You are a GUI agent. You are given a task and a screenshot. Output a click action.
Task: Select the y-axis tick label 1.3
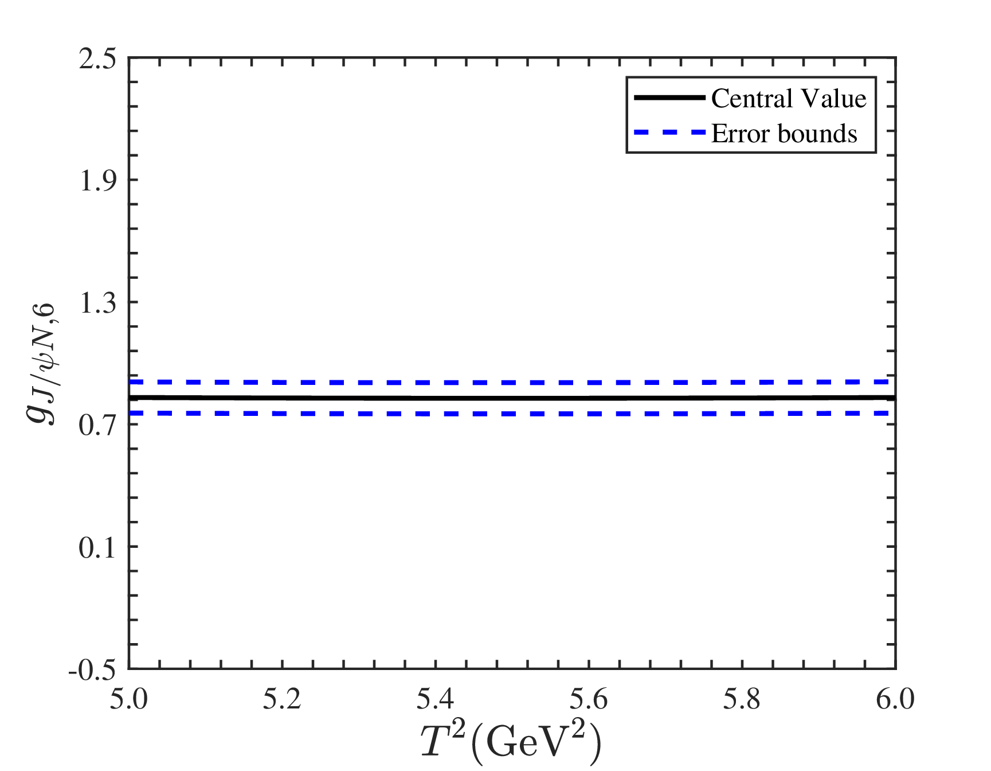97,303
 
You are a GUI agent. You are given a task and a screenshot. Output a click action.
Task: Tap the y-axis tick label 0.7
97,426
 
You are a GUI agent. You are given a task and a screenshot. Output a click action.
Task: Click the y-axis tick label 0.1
97,548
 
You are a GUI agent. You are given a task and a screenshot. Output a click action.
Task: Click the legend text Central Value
789,99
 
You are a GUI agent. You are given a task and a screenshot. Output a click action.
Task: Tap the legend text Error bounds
784,134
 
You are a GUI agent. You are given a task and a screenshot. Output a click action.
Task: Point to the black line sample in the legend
669,98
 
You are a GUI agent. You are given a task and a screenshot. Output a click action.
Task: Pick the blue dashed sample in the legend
669,133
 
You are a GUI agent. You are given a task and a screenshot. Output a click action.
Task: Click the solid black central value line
512,398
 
